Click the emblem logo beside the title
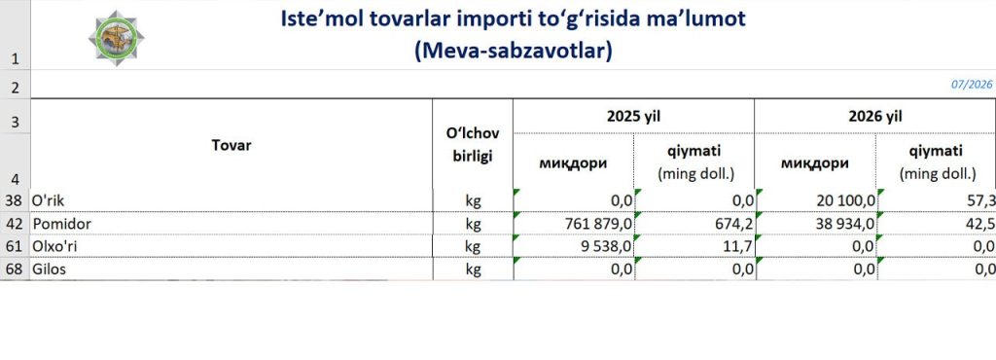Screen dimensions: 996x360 pos(117,38)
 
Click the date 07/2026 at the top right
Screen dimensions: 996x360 pos(972,85)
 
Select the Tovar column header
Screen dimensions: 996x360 pos(231,145)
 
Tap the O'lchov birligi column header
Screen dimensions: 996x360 pos(473,145)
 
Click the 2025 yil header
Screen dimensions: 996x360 pos(632,116)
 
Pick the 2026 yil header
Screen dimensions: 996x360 pos(875,116)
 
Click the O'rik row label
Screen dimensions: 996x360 pos(49,200)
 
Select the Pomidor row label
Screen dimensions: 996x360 pos(62,224)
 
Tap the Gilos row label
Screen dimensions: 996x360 pos(50,270)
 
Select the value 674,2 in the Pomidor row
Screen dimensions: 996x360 pos(734,224)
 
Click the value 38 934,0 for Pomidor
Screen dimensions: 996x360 pos(843,224)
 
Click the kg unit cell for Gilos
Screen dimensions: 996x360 pos(473,270)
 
